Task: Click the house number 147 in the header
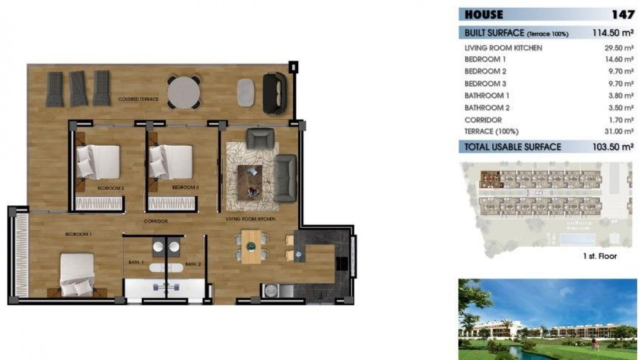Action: [623, 15]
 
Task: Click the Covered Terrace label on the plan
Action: [138, 99]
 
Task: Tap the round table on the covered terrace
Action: [184, 92]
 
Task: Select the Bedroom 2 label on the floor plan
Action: [111, 188]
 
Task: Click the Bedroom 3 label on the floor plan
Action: [185, 188]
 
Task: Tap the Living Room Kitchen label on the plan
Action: [251, 219]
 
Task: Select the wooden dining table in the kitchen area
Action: [250, 247]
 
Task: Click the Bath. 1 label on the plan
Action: [136, 263]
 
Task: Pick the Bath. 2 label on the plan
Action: [193, 264]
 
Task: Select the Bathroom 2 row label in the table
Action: [487, 108]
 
